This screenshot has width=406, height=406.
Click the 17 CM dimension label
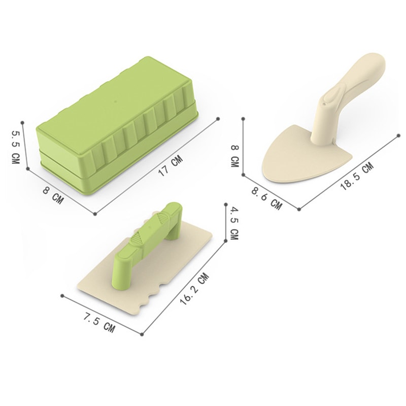tap(171, 166)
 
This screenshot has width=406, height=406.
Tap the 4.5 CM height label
tap(234, 223)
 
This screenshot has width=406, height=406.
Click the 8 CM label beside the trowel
tap(234, 156)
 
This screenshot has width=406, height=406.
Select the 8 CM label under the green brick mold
tap(53, 195)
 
